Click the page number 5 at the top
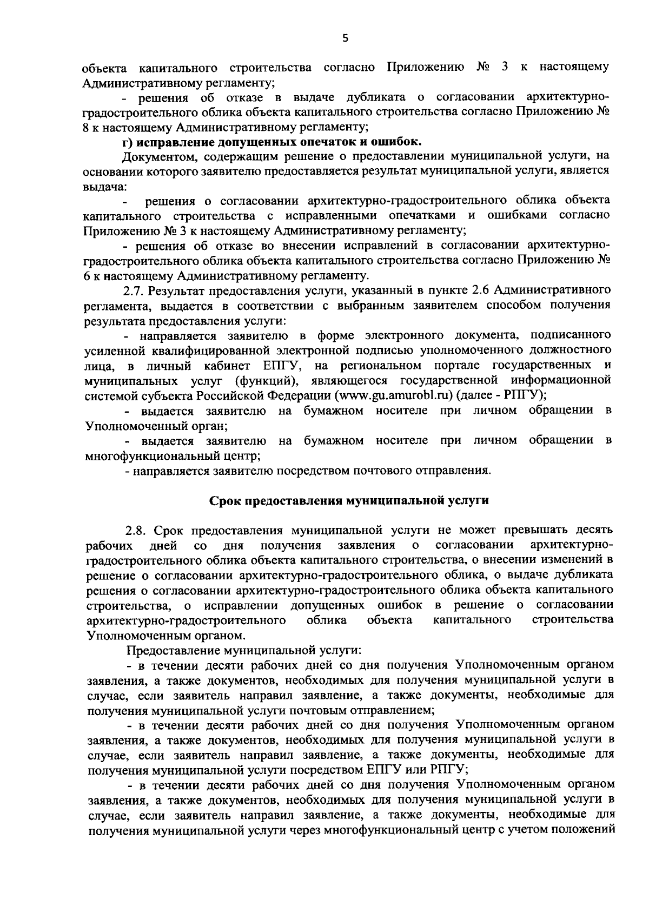[346, 38]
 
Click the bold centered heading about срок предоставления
[349, 500]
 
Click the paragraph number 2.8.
[135, 528]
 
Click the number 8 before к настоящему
[87, 128]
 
